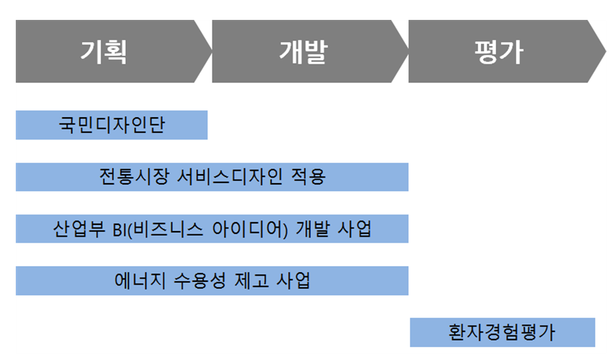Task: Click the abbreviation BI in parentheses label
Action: click(x=119, y=229)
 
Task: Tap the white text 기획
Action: click(x=103, y=51)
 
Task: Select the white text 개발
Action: click(x=302, y=51)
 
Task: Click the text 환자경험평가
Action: click(x=502, y=333)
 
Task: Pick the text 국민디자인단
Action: click(x=112, y=125)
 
